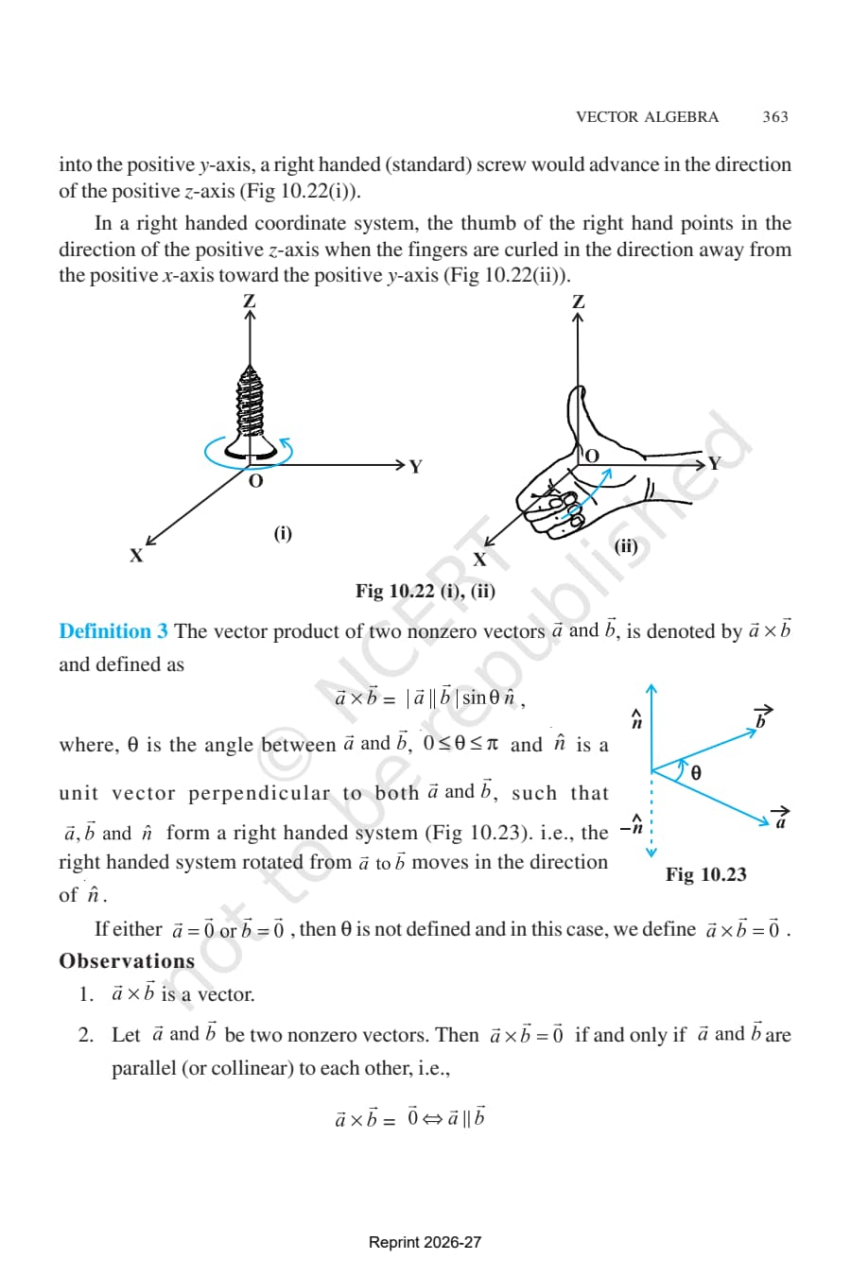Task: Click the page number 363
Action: (775, 117)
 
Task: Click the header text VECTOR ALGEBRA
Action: (647, 117)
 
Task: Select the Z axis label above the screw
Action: (249, 301)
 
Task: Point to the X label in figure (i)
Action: (135, 556)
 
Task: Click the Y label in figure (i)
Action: (416, 467)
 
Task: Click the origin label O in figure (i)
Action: (256, 481)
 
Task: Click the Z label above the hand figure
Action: (579, 302)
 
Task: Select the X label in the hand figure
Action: (480, 560)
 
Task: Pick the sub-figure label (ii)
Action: (626, 546)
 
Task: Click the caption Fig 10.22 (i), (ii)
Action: (425, 591)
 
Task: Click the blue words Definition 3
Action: (113, 631)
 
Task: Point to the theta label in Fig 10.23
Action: (696, 773)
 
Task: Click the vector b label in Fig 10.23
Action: (762, 716)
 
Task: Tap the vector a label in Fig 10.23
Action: (781, 818)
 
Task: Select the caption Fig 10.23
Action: (705, 874)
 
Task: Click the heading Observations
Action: (127, 961)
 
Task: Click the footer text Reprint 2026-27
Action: (425, 1242)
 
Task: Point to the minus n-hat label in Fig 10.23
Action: (633, 825)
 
